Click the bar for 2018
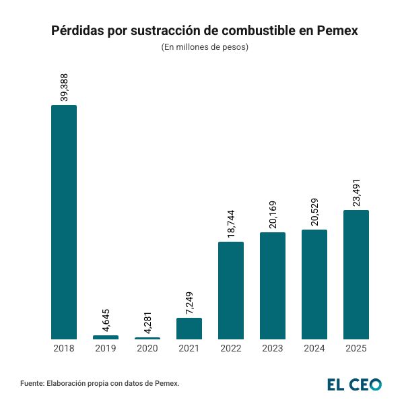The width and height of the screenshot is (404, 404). (64, 222)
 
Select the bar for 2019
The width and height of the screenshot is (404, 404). (106, 337)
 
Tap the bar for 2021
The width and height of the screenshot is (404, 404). (189, 329)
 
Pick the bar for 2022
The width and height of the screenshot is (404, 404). (231, 290)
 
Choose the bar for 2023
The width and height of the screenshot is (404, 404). (273, 285)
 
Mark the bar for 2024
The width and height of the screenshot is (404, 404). (314, 284)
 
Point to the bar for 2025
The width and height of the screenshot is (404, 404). (356, 275)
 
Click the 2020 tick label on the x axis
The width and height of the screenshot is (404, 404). (147, 349)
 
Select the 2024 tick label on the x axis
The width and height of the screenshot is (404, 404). (314, 349)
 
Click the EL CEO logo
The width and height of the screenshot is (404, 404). (354, 384)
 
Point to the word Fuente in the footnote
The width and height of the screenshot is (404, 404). (32, 384)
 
